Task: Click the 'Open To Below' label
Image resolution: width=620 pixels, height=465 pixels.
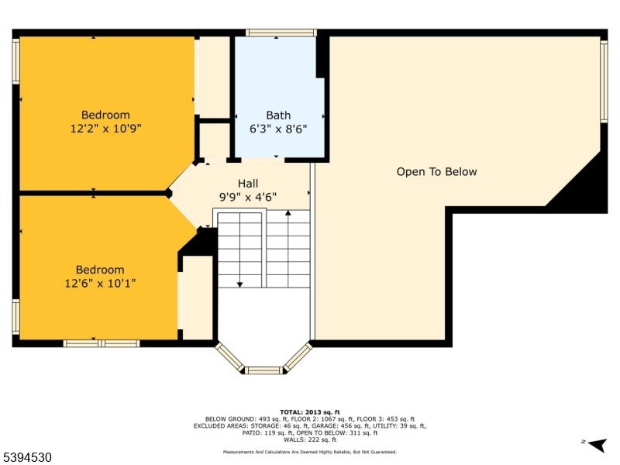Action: [x=436, y=172]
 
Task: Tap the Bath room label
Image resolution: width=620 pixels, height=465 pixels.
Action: [x=278, y=115]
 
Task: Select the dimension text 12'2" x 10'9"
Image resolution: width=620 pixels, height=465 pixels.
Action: [x=105, y=129]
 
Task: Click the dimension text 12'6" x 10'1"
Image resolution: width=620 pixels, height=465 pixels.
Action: [x=100, y=284]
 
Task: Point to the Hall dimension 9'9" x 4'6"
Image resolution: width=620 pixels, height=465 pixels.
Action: [x=248, y=197]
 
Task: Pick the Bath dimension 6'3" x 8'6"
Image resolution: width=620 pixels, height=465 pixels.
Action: [x=278, y=129]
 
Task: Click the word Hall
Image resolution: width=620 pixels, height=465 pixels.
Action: [x=248, y=184]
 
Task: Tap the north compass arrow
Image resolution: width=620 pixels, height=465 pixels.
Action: [x=595, y=444]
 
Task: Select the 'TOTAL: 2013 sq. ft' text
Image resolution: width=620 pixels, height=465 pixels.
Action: [x=310, y=412]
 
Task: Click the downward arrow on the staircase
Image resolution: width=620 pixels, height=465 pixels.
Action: [x=239, y=284]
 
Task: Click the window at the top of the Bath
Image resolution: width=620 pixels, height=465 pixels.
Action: [x=281, y=33]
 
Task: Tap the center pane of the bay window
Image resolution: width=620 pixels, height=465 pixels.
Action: [x=263, y=370]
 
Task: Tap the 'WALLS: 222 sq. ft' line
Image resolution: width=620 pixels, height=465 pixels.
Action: [x=310, y=439]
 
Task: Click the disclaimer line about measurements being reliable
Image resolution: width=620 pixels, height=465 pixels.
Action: [x=310, y=452]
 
